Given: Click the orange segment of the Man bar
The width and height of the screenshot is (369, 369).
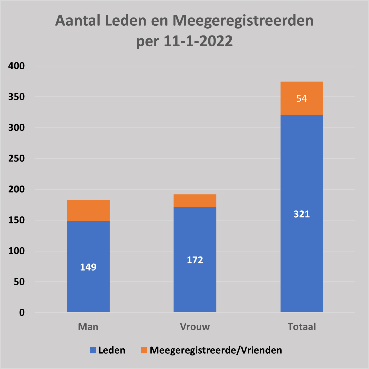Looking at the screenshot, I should [x=88, y=210].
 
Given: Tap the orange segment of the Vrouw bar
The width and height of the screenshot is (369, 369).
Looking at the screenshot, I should [x=195, y=200].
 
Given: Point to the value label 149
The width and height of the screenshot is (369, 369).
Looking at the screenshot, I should [x=88, y=267].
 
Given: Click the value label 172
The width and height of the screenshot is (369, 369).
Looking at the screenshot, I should [x=195, y=260].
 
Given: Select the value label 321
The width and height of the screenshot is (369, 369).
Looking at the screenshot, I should [x=301, y=214].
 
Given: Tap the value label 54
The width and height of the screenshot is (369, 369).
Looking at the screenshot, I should [x=301, y=98].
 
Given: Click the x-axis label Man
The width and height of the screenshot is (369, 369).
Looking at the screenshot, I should [x=88, y=327].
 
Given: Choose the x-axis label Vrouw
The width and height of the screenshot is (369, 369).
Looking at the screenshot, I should [x=195, y=327].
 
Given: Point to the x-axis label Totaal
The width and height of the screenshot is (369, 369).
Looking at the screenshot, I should [x=302, y=327].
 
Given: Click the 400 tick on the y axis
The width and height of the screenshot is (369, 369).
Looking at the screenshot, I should [x=16, y=66].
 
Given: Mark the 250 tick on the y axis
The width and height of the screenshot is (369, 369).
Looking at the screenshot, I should [x=16, y=158].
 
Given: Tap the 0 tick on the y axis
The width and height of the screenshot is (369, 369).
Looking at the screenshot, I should [x=22, y=313].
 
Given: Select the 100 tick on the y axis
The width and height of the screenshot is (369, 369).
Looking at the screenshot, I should [x=16, y=251].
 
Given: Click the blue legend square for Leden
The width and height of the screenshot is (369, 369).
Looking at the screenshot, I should [x=93, y=350].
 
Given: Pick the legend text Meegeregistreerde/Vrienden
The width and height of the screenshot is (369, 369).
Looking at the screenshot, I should [x=216, y=350].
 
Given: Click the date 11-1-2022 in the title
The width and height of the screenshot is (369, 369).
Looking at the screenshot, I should [x=198, y=41].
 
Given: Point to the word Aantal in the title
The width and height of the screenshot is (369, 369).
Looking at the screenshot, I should [x=78, y=21].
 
